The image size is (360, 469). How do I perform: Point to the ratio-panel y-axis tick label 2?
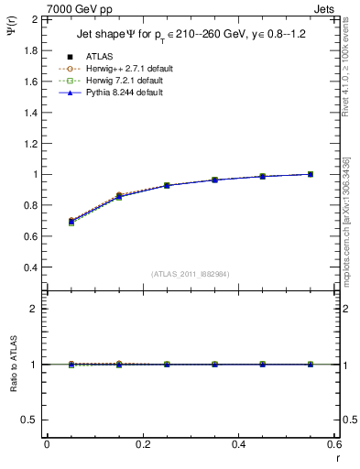(30, 309)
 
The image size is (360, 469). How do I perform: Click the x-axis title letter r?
(336, 457)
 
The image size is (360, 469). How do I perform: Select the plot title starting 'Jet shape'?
(187, 38)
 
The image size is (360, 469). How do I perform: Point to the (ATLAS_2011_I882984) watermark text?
(190, 274)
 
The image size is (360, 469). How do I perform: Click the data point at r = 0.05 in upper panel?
(71, 221)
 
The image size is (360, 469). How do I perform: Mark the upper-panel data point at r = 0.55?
(311, 174)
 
